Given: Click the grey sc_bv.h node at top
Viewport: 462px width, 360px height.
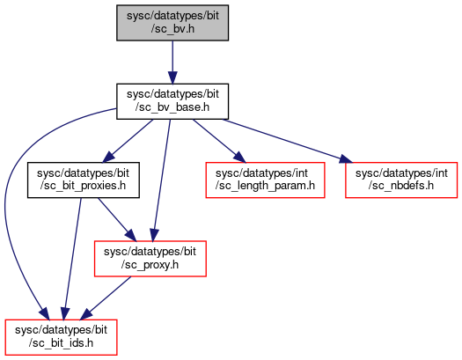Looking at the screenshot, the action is (x=172, y=23).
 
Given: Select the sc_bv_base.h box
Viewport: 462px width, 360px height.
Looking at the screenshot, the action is (x=172, y=101).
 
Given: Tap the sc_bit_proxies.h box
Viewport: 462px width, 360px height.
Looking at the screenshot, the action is (x=84, y=180).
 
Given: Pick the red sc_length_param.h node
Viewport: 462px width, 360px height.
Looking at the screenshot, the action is (x=265, y=180).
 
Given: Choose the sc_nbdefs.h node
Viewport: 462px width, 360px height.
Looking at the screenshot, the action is (x=401, y=180).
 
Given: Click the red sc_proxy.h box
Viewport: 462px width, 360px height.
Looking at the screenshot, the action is (x=150, y=259).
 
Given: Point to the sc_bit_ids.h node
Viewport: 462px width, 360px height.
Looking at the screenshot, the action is (x=61, y=337).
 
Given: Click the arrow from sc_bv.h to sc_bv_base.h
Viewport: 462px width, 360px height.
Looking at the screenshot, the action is (x=172, y=62).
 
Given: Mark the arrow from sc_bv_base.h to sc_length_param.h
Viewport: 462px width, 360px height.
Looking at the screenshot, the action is (x=219, y=141).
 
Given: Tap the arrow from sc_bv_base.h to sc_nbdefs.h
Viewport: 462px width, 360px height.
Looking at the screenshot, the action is (x=287, y=141).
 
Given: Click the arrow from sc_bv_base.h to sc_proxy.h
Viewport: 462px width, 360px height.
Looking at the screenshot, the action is (x=161, y=180).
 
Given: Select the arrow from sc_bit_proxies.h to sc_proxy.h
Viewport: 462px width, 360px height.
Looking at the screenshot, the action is (x=117, y=219).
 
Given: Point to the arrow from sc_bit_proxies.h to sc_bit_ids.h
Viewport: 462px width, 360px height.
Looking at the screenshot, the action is (x=72, y=259).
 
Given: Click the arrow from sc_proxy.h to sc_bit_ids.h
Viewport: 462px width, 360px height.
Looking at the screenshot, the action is (x=106, y=298).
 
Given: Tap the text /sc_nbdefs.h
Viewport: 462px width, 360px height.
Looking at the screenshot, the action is (x=401, y=186).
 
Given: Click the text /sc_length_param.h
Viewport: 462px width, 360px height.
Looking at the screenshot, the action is (x=265, y=186).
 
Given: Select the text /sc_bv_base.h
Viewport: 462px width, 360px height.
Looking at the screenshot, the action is (x=172, y=107).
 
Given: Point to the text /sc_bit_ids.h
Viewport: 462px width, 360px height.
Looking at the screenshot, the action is (x=61, y=343).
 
